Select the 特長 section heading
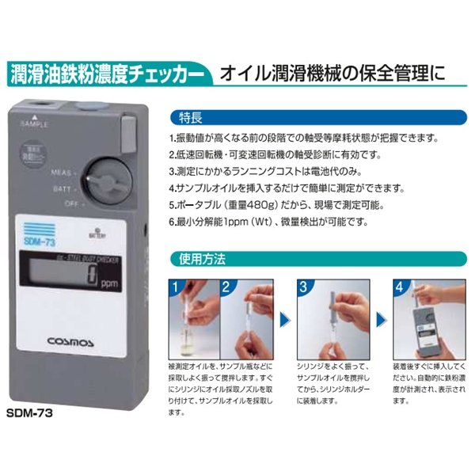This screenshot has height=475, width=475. [x=192, y=118]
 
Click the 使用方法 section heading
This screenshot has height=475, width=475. [x=197, y=259]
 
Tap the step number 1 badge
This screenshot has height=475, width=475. [x=175, y=286]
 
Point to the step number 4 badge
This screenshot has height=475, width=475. [x=400, y=286]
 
